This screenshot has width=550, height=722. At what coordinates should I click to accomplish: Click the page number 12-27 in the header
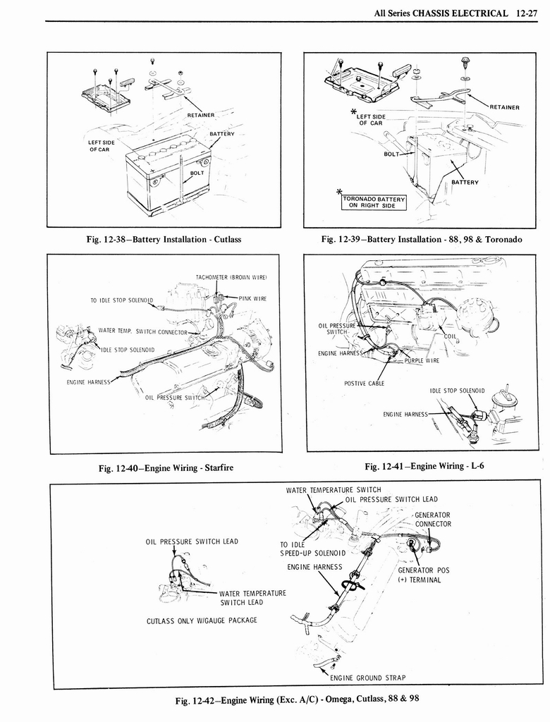pyautogui.click(x=527, y=13)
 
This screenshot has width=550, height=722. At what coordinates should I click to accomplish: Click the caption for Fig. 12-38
pyautogui.click(x=164, y=239)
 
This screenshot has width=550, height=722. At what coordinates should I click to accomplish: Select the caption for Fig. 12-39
pyautogui.click(x=421, y=239)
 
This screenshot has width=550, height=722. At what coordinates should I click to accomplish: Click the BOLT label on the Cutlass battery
pyautogui.click(x=197, y=173)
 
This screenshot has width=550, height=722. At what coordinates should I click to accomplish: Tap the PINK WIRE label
pyautogui.click(x=252, y=298)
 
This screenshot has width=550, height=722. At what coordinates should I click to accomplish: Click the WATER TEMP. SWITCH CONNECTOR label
pyautogui.click(x=142, y=331)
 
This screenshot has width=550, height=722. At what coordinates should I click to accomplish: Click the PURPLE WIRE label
pyautogui.click(x=422, y=360)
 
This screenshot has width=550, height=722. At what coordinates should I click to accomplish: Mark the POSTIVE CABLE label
pyautogui.click(x=364, y=384)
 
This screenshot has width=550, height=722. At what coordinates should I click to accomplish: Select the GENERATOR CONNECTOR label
pyautogui.click(x=432, y=519)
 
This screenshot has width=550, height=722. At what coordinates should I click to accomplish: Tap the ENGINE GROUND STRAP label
pyautogui.click(x=367, y=678)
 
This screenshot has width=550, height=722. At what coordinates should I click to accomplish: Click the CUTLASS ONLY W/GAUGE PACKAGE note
pyautogui.click(x=202, y=620)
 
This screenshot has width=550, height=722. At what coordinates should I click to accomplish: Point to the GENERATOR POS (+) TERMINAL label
pyautogui.click(x=423, y=575)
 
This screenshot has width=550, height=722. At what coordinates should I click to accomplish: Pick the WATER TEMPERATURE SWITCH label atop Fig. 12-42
pyautogui.click(x=334, y=490)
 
